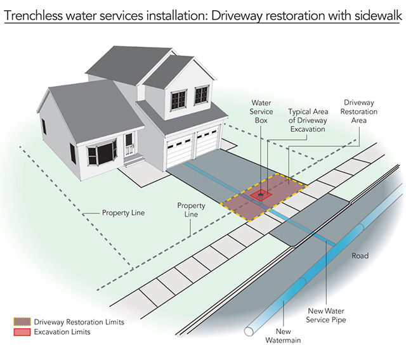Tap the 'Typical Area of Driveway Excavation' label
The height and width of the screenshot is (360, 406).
click(x=306, y=119)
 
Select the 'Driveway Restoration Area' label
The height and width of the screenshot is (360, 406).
click(x=360, y=112)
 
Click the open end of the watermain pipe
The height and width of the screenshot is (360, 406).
click(x=249, y=331)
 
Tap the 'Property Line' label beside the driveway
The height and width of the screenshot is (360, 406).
click(x=191, y=210)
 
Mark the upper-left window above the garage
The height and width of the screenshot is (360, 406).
click(x=178, y=99)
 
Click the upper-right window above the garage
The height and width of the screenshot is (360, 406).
click(x=202, y=94)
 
